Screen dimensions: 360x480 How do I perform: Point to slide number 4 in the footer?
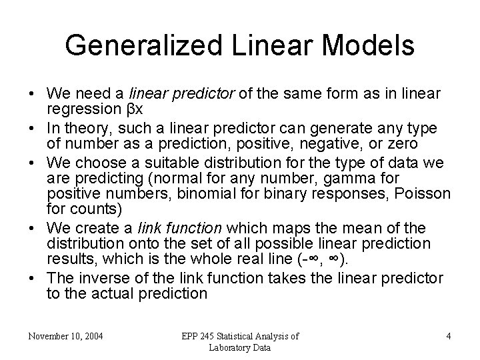(448, 337)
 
